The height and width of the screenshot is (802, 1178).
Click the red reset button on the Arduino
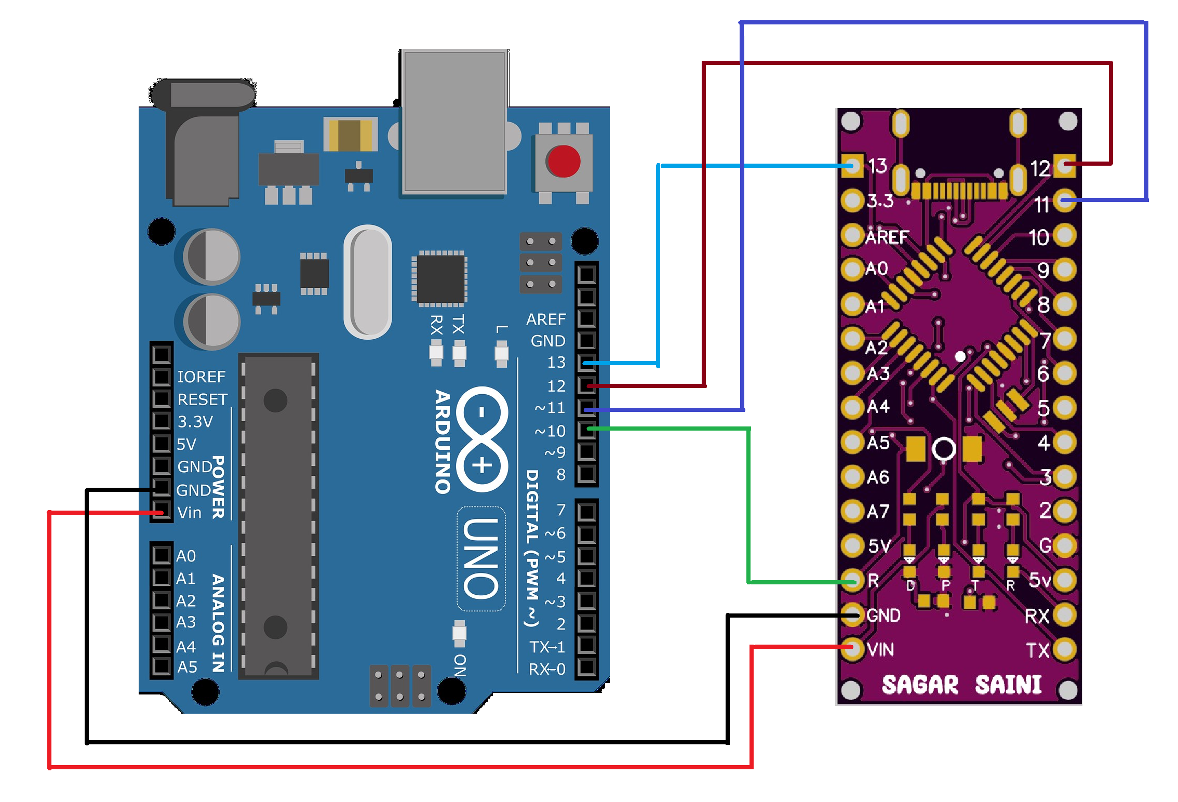pyautogui.click(x=563, y=161)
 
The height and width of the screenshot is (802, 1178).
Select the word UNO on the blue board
pyautogui.click(x=481, y=558)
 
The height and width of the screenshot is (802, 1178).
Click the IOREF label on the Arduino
pyautogui.click(x=201, y=377)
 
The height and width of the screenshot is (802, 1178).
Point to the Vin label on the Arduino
pyautogui.click(x=189, y=513)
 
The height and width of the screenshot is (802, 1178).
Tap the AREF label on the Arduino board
pyautogui.click(x=545, y=319)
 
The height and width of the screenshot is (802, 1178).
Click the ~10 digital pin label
pyautogui.click(x=550, y=431)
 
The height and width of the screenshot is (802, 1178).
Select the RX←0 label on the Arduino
pyautogui.click(x=546, y=669)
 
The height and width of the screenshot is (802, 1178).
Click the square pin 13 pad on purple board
pyautogui.click(x=852, y=166)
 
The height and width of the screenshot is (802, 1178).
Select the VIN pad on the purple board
pyautogui.click(x=852, y=648)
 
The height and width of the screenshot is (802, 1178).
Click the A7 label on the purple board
pyautogui.click(x=878, y=512)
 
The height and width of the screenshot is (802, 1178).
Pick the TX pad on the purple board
pyautogui.click(x=1064, y=649)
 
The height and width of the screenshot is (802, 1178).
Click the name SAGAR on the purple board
pyautogui.click(x=919, y=685)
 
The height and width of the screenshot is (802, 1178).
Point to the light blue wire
pyautogui.click(x=658, y=260)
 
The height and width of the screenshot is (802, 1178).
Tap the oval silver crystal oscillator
pyautogui.click(x=368, y=282)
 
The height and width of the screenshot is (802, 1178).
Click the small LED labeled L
pyautogui.click(x=501, y=353)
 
